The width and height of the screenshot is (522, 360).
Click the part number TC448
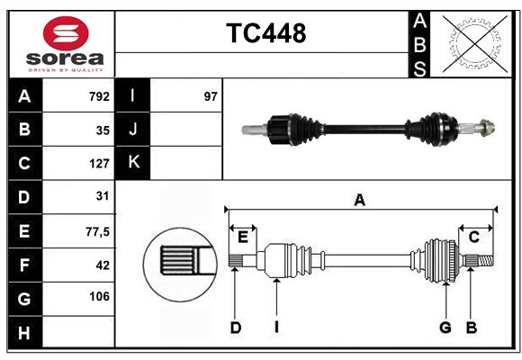(265, 33)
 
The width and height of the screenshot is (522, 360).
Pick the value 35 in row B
(103, 130)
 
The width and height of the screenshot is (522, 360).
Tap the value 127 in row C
(99, 164)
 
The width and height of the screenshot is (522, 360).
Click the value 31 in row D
(103, 196)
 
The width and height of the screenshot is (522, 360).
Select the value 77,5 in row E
(97, 231)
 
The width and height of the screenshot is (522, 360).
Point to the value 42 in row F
(103, 265)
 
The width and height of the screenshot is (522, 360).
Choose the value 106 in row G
(99, 297)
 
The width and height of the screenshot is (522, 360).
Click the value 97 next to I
(211, 96)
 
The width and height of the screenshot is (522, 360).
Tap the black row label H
(24, 333)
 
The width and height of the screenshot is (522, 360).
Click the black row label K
(133, 163)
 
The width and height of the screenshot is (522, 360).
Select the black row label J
(133, 130)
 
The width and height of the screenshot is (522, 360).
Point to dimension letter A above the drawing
(359, 200)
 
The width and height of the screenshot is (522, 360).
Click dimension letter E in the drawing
(242, 237)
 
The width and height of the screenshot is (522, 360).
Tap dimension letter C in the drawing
(473, 237)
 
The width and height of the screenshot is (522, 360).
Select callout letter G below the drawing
(445, 328)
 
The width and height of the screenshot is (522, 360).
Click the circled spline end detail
(180, 262)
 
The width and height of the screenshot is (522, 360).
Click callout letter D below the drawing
(235, 328)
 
